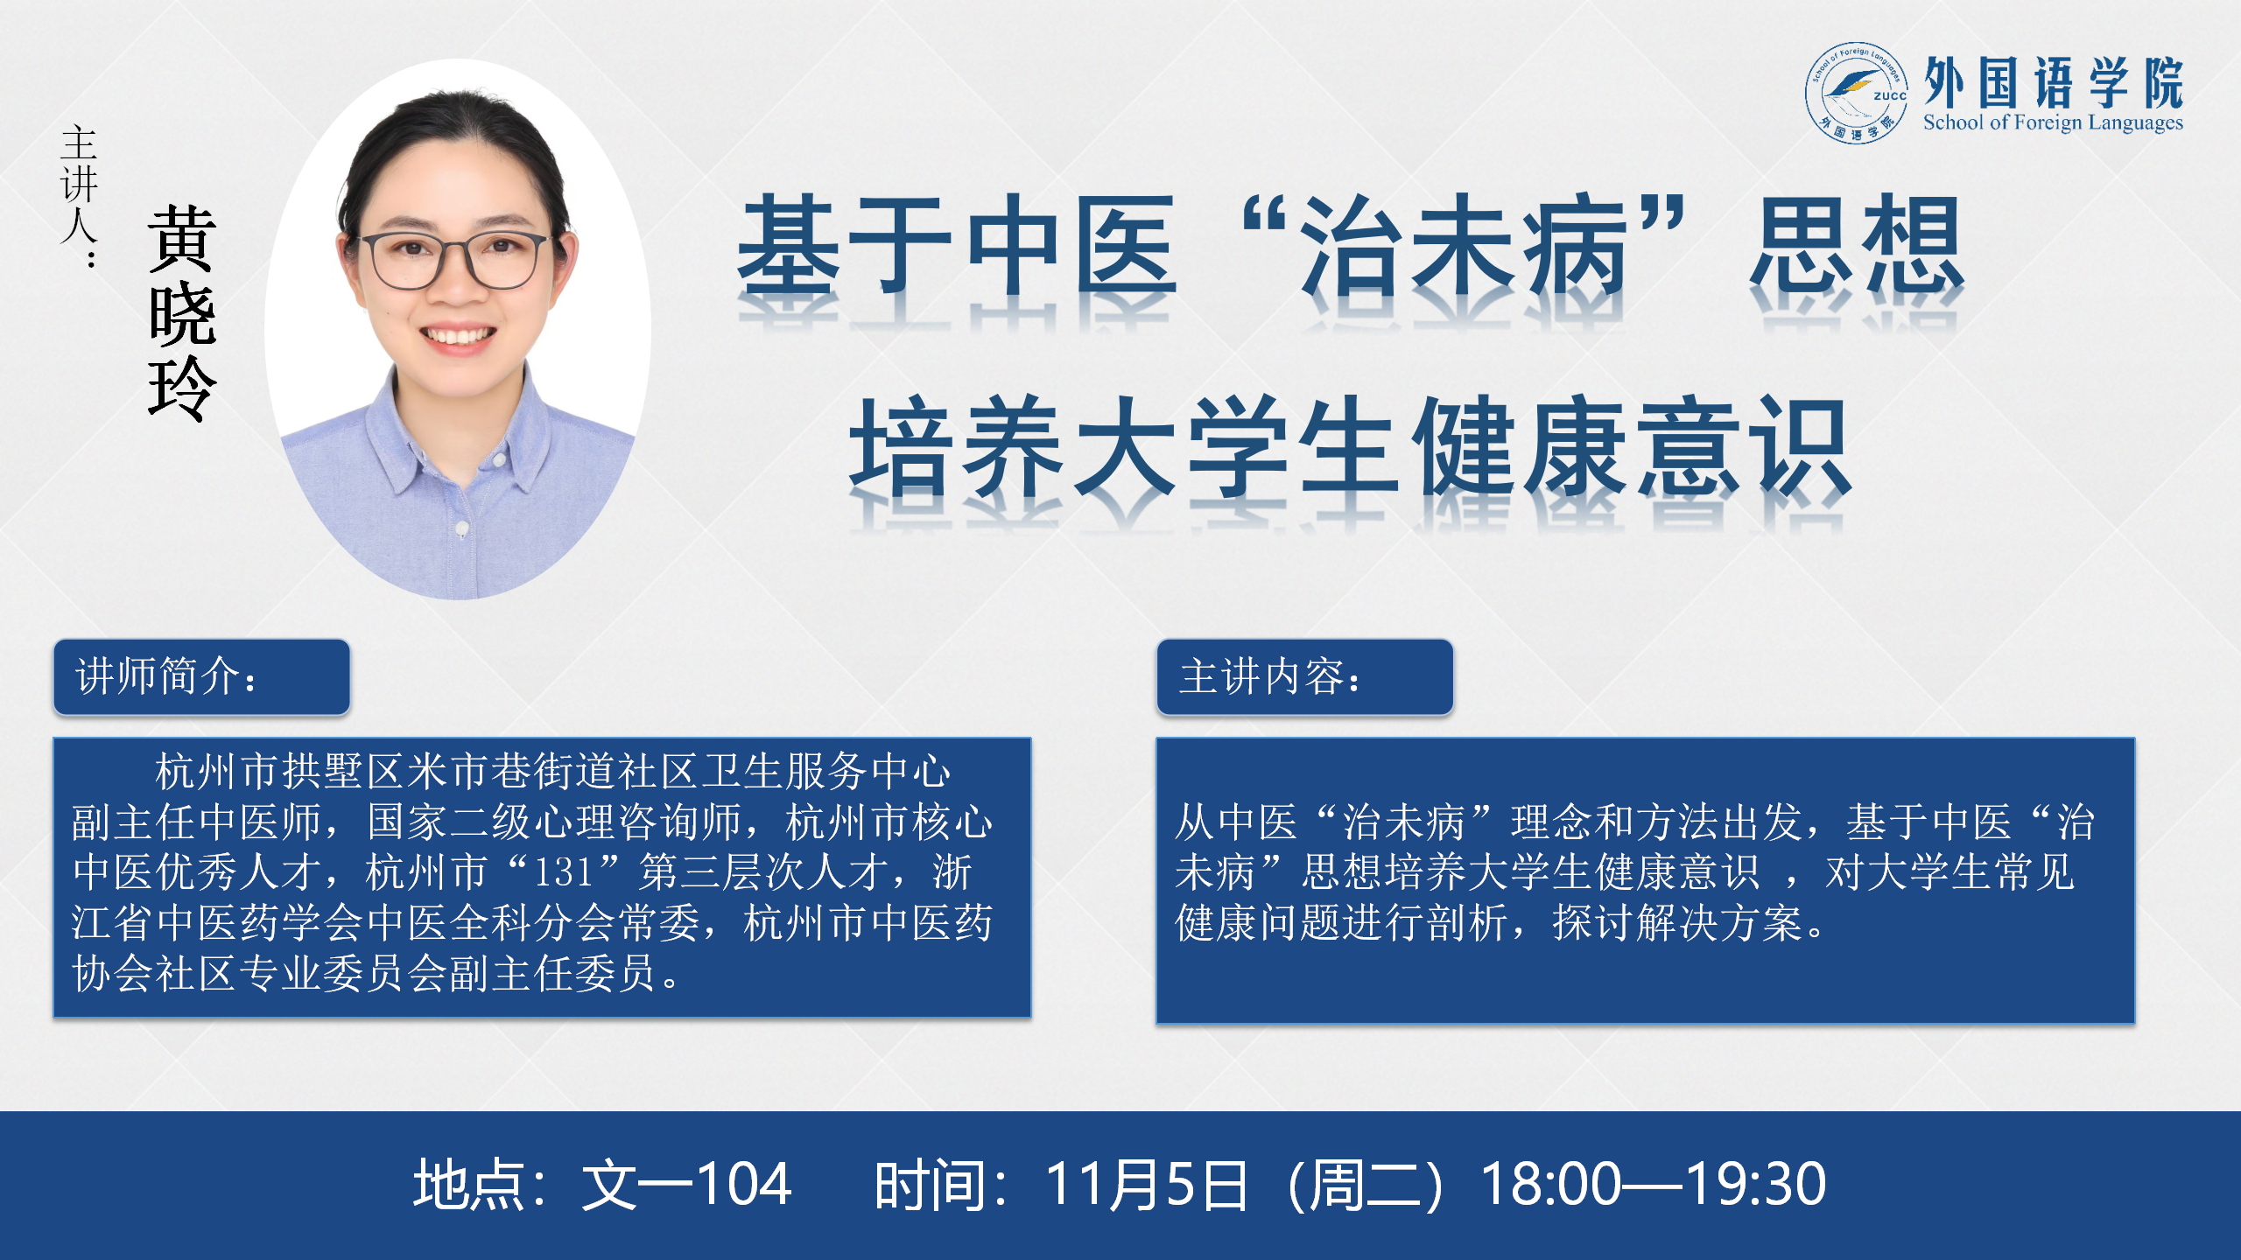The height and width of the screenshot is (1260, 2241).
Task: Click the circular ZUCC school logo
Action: pos(1857,93)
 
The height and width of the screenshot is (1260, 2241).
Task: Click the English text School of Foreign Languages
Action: pos(2053,122)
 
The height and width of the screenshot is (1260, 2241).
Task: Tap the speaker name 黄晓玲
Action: pos(182,313)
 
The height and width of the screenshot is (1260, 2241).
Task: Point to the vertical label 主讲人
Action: pos(79,194)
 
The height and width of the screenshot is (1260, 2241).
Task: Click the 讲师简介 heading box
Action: pos(201,676)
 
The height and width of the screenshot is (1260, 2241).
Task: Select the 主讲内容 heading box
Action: pos(1304,676)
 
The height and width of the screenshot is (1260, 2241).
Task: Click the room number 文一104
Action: pos(687,1184)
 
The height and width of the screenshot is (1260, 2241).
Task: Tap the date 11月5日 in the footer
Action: pos(1147,1184)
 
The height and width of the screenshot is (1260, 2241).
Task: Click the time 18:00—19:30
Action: pos(1654,1184)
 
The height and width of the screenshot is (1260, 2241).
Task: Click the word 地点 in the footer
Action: pos(469,1184)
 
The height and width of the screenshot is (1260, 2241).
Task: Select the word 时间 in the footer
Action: pos(931,1184)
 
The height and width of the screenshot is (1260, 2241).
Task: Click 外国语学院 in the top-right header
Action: pos(2053,82)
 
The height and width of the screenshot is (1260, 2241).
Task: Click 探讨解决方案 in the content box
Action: pos(1678,923)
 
